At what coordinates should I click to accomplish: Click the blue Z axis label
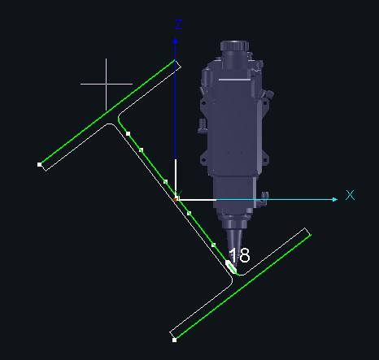point(178,24)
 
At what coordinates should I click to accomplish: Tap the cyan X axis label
point(350,195)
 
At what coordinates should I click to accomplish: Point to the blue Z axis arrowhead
point(175,41)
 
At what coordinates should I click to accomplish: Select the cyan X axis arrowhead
point(335,200)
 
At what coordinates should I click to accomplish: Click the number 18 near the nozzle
point(239,255)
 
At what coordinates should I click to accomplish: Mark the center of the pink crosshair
point(106,84)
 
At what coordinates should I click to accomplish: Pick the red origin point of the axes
point(176,200)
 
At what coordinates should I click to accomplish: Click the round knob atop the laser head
point(234,46)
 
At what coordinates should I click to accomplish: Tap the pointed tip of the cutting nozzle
point(234,268)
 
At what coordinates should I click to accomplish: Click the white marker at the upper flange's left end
point(40,164)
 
